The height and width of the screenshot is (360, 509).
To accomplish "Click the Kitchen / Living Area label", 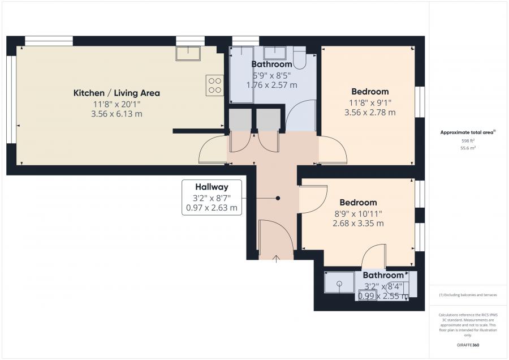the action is coord(117,93).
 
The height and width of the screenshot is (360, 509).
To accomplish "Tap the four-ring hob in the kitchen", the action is coord(214,85).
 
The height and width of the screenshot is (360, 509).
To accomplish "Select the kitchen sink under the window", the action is coord(188,54).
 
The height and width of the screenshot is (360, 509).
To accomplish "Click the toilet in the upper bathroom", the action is coord(299,58).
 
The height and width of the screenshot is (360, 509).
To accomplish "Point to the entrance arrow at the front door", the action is coord(276,259).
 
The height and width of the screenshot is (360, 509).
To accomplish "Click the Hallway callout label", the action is coord(212,187).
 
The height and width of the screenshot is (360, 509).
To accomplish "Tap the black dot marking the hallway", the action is coord(278,198).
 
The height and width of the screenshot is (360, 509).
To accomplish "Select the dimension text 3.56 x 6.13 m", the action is coord(117,114).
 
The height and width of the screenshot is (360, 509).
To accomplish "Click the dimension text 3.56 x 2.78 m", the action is coord(370,113).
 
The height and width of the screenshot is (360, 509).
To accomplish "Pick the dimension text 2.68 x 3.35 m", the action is coord(359,224).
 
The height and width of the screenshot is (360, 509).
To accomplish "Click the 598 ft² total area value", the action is coord(468,141).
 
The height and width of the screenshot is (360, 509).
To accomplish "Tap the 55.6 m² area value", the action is coord(468,148).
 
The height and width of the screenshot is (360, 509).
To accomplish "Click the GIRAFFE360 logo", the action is coord(468,345).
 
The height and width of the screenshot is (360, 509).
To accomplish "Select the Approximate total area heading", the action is coord(468,132).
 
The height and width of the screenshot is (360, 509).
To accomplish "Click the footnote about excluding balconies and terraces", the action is coord(468,295).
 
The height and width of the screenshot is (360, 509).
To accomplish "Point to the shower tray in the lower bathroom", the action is coord(339,282).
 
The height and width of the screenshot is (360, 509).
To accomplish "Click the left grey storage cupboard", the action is coord(240,119).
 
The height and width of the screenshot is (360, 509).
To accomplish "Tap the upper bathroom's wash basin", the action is coord(275,53).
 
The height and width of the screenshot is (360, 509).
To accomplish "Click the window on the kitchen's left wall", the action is coord(11,100).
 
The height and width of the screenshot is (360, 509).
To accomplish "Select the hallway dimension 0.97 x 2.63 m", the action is coord(212,208).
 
